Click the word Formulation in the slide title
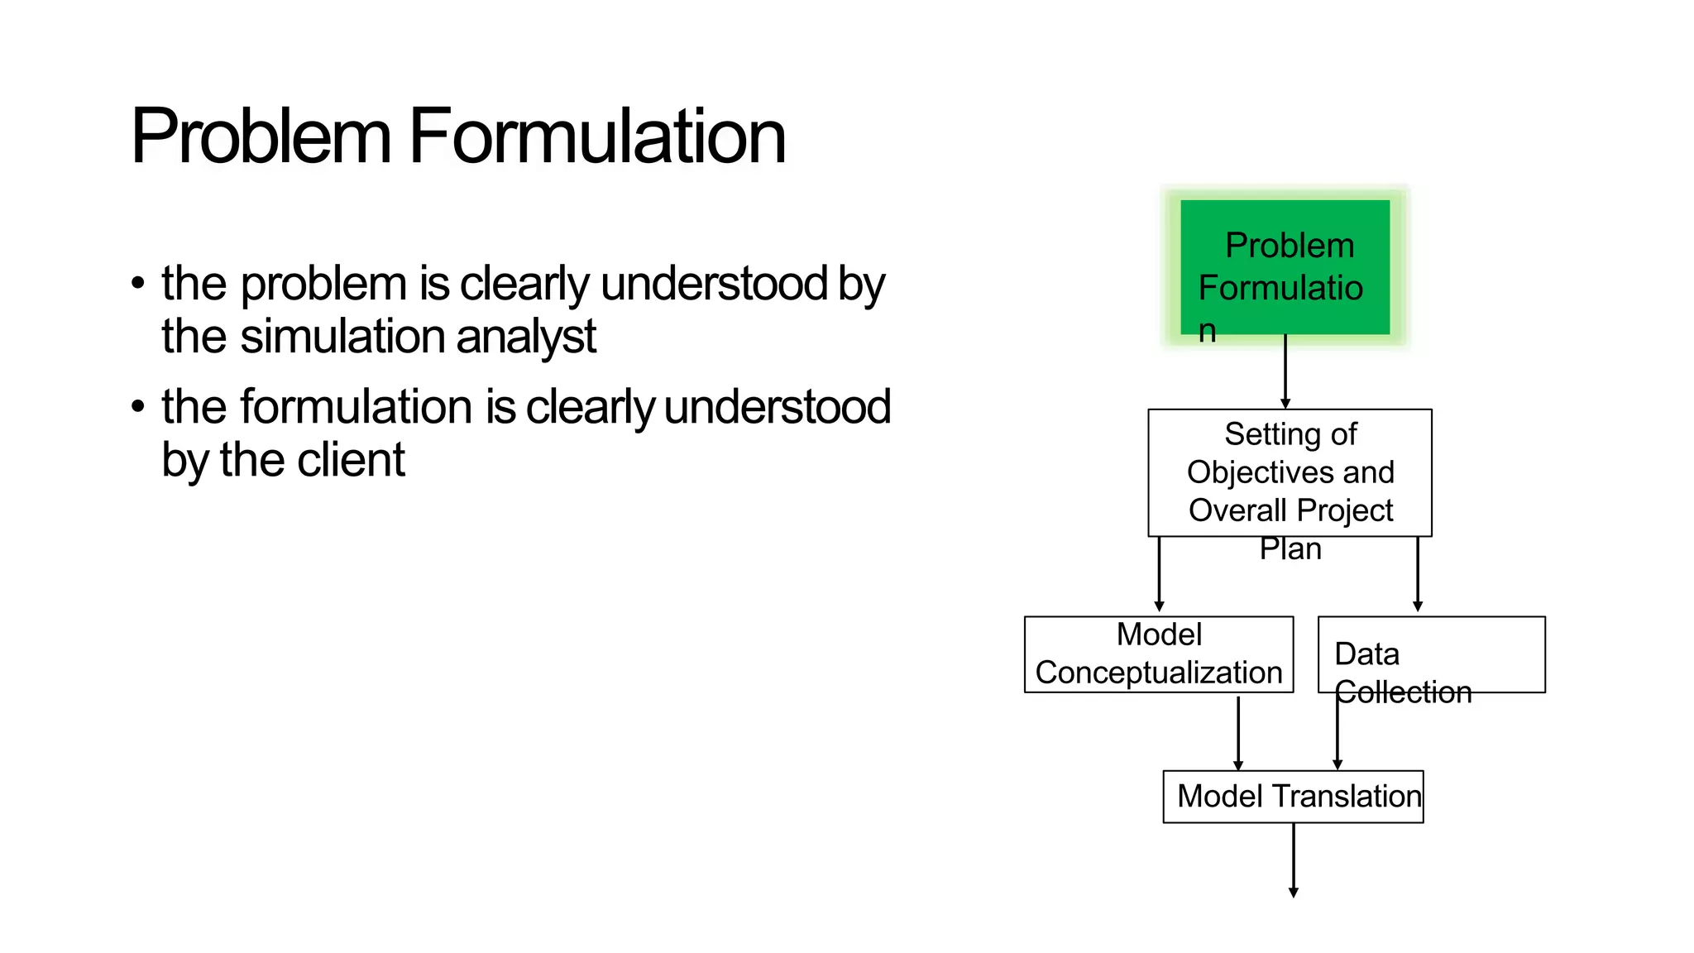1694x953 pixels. point(597,136)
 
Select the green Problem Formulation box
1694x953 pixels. point(1285,266)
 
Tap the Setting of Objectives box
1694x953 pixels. point(1290,472)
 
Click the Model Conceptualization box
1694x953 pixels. point(1158,654)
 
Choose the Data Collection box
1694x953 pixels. point(1431,654)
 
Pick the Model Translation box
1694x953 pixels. point(1293,797)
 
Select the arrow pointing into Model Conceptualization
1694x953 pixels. point(1159,574)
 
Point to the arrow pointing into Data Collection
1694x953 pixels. point(1418,574)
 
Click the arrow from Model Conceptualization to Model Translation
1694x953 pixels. point(1238,732)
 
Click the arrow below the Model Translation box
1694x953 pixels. point(1294,860)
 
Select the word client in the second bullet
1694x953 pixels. point(351,461)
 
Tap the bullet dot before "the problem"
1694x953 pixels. point(138,284)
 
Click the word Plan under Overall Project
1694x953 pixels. point(1290,548)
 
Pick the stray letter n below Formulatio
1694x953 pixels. point(1208,331)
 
